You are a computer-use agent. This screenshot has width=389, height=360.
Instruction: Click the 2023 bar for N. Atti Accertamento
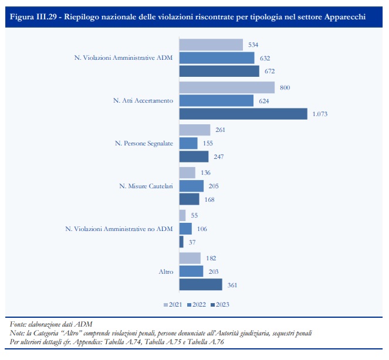243,114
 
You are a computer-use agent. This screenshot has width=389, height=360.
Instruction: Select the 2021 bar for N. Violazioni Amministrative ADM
211,45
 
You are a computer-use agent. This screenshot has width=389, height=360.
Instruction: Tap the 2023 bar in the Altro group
200,284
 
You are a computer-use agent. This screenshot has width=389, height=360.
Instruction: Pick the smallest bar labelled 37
181,242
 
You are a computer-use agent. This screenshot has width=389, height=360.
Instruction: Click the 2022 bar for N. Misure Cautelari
191,186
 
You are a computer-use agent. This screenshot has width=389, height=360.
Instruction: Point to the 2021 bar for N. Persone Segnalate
194,130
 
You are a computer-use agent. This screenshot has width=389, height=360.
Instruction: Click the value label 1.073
320,114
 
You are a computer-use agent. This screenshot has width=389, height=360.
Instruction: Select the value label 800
286,87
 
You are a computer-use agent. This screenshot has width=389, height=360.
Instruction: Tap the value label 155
208,143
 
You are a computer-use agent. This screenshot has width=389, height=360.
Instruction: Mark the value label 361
232,284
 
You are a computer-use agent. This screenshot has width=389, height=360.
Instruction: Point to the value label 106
203,229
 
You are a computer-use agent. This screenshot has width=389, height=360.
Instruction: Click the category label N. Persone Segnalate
143,143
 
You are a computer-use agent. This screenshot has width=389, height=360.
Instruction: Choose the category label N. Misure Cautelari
146,186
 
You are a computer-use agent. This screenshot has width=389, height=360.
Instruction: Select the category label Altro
165,271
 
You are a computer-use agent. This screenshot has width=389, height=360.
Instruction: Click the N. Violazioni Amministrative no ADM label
119,229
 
